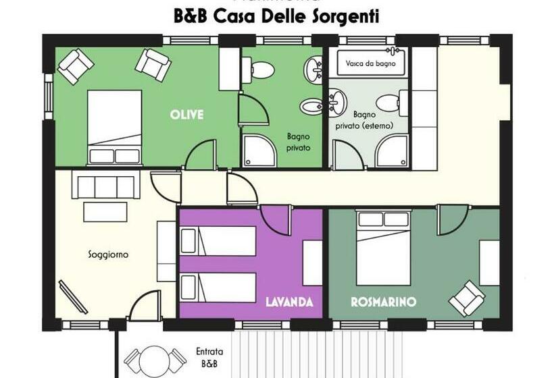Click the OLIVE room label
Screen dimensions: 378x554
coord(186,115)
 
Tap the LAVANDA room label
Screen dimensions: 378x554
coord(288,302)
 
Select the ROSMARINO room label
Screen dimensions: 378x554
coord(383,302)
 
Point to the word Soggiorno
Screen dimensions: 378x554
coord(108,254)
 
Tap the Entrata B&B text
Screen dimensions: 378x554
coord(209,358)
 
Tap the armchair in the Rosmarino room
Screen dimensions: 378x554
coord(467,298)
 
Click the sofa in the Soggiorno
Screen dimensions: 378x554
coord(105,186)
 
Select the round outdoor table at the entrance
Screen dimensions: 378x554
coord(155,360)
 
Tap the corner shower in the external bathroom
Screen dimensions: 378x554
coord(393,152)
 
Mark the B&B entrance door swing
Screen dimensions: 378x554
coord(144,307)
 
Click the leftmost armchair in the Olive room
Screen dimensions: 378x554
coord(75,64)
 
